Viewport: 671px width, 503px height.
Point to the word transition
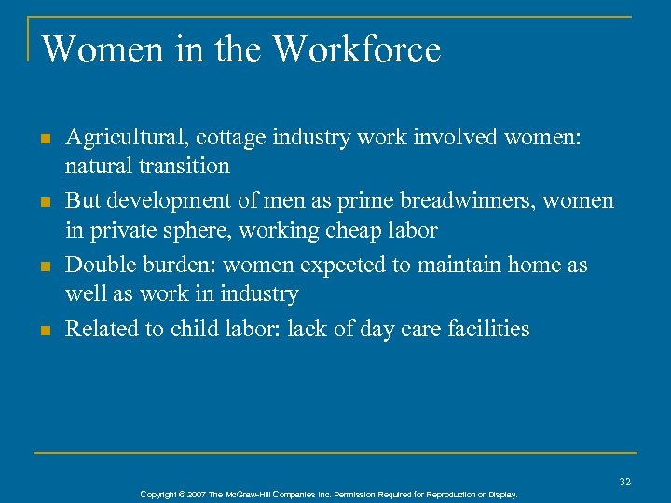click(185, 167)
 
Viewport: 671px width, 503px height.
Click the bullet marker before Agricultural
click(44, 140)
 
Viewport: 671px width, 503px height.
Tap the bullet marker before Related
click(44, 331)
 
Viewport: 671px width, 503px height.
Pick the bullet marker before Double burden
click(44, 266)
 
